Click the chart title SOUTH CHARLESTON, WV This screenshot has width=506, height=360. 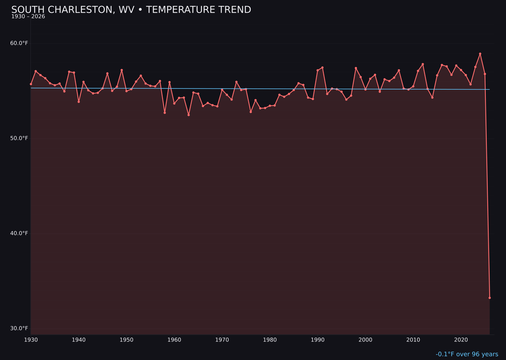click(x=131, y=10)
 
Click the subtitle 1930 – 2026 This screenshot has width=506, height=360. click(x=28, y=17)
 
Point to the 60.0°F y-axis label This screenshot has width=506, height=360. click(x=19, y=43)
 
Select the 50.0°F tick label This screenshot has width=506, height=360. click(x=19, y=138)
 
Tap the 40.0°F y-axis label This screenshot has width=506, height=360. click(x=19, y=233)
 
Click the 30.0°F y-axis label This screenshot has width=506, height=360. click(x=19, y=328)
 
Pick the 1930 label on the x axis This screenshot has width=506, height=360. click(x=31, y=340)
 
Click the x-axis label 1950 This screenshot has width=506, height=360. click(x=126, y=340)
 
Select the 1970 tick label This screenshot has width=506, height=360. click(x=222, y=340)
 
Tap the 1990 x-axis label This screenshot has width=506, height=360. click(x=318, y=340)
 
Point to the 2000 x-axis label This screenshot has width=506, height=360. click(x=365, y=340)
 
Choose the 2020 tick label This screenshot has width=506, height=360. click(x=461, y=340)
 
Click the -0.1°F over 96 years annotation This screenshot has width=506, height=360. click(x=467, y=354)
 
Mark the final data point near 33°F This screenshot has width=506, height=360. click(x=490, y=298)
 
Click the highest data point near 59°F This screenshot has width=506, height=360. click(x=480, y=54)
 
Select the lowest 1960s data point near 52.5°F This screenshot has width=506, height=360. click(x=188, y=115)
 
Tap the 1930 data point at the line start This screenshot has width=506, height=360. click(x=31, y=84)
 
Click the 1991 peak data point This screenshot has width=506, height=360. click(x=322, y=67)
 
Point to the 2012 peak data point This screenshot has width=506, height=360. click(x=423, y=64)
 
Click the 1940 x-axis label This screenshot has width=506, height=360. click(x=79, y=340)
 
